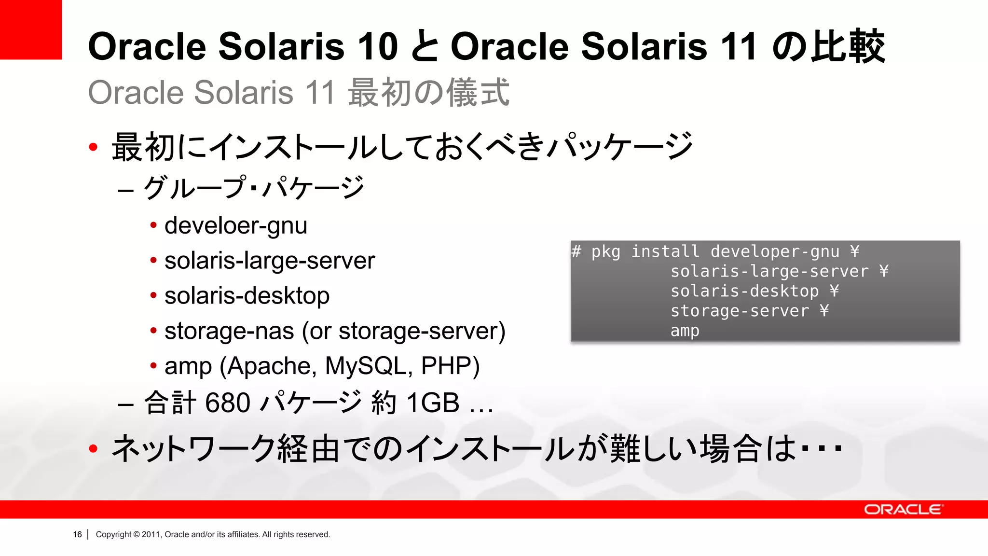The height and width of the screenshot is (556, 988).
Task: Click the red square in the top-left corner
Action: (x=30, y=29)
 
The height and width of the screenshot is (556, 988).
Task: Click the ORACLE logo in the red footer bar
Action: (x=903, y=510)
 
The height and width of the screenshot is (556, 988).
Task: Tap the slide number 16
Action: (x=77, y=534)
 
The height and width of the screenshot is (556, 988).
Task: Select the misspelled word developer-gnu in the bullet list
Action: (x=235, y=226)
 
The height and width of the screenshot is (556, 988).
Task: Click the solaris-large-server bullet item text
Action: (x=269, y=261)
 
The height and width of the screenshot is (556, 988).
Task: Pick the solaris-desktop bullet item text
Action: (x=247, y=296)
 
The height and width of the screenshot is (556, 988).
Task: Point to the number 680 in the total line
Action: (x=227, y=403)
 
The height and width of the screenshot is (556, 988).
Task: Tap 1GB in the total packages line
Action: (x=433, y=403)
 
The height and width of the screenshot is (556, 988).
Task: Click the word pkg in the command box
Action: (x=605, y=251)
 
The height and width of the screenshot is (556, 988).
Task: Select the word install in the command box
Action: (x=665, y=251)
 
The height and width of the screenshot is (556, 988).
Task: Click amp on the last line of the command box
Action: (x=685, y=331)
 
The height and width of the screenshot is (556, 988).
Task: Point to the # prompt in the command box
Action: (x=576, y=251)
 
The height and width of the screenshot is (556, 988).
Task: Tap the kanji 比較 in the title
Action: (x=848, y=47)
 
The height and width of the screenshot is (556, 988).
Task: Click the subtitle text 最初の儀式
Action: (x=428, y=92)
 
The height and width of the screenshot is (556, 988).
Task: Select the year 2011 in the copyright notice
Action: (x=151, y=534)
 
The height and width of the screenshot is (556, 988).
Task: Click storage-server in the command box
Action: (x=740, y=311)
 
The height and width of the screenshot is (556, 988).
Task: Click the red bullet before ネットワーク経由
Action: (x=94, y=449)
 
